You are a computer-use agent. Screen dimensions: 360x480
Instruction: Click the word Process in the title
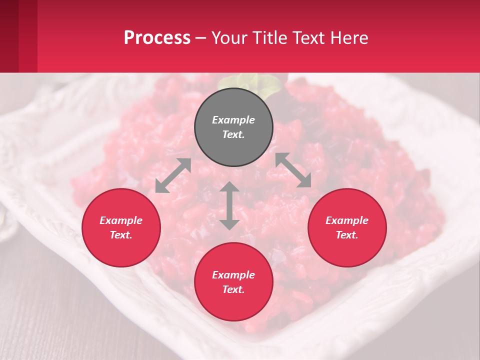point(157,37)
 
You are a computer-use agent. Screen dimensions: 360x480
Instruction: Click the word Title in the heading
point(269,37)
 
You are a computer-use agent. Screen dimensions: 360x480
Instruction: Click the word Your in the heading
point(230,37)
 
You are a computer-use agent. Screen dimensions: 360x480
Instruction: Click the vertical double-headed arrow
point(229,206)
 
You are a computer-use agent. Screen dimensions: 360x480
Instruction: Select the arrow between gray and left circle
point(173,175)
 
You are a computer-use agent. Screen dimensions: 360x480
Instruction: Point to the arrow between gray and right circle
point(293,170)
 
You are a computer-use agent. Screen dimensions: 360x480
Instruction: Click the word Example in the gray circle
point(233,120)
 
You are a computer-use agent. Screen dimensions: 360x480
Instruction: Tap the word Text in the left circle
point(121,235)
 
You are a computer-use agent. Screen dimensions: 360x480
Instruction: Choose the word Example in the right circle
point(347,220)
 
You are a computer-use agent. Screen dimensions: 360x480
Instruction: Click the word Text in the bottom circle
point(233,289)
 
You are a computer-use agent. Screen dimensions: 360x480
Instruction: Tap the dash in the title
point(201,38)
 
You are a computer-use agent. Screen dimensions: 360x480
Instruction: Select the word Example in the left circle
point(121,220)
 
